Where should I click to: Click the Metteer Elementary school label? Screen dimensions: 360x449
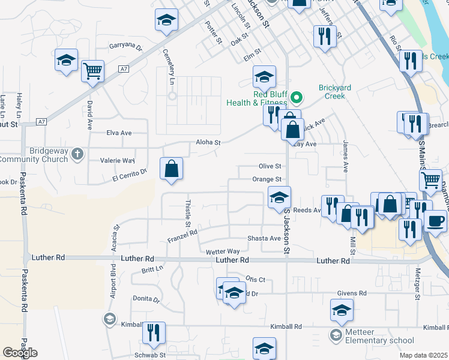pyautogui.click(x=376, y=340)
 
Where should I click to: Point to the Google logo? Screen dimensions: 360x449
pyautogui.click(x=20, y=353)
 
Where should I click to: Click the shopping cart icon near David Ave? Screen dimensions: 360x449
pyautogui.click(x=93, y=71)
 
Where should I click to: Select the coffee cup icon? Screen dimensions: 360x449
pyautogui.click(x=435, y=221)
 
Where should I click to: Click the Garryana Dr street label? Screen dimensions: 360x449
pyautogui.click(x=125, y=46)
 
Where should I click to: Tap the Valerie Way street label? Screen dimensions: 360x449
pyautogui.click(x=120, y=161)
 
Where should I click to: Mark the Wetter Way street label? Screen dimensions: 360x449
pyautogui.click(x=222, y=251)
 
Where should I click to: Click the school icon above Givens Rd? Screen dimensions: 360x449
pyautogui.click(x=341, y=310)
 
